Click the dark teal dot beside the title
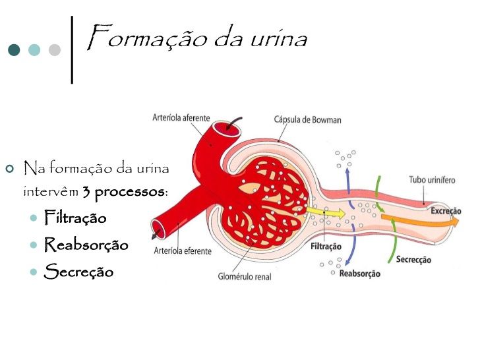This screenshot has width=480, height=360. (14, 50)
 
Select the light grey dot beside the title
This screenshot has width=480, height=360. (54, 50)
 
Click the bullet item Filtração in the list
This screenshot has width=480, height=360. (75, 217)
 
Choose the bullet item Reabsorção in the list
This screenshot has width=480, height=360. (86, 245)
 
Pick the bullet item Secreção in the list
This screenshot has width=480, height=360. (78, 271)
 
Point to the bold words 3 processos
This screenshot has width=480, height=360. (124, 192)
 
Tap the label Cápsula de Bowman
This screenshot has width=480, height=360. (307, 120)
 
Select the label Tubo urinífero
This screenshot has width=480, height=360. (432, 179)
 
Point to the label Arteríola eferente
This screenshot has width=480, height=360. (182, 251)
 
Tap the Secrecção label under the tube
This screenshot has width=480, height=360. (413, 260)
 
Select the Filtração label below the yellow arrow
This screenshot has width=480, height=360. (326, 247)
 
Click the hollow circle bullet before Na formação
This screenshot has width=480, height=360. (9, 169)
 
